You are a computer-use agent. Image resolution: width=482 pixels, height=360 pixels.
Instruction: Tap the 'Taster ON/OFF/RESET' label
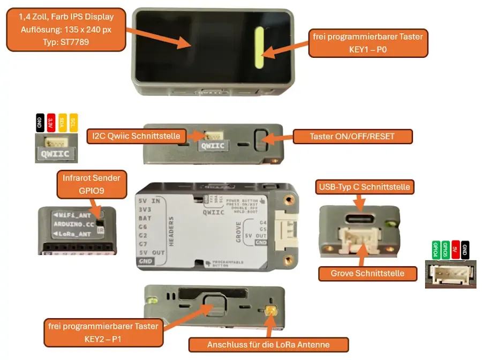tap(352, 136)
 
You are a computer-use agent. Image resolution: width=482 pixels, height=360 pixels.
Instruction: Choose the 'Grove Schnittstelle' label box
tap(367, 273)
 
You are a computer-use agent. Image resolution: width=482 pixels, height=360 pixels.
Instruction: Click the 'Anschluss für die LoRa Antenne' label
tap(268, 344)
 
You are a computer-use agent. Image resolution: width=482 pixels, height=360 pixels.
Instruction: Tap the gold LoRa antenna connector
tap(271, 310)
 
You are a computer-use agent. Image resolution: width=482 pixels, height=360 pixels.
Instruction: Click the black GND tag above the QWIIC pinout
tap(40, 123)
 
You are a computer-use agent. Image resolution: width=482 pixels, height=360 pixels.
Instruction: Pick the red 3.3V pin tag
tap(51, 123)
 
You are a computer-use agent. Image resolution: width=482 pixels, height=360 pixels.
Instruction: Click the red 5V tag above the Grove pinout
tap(455, 249)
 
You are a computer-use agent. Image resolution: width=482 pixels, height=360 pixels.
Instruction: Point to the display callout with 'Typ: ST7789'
tap(66, 29)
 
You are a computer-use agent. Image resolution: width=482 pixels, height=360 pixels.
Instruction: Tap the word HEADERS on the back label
tap(171, 230)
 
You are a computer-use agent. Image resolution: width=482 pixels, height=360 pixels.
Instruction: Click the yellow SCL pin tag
tap(73, 123)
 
